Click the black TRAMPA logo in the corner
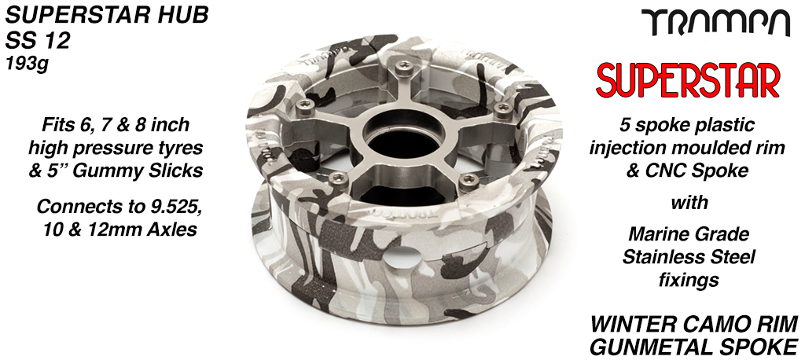coord(717,24)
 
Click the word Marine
coord(653,234)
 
